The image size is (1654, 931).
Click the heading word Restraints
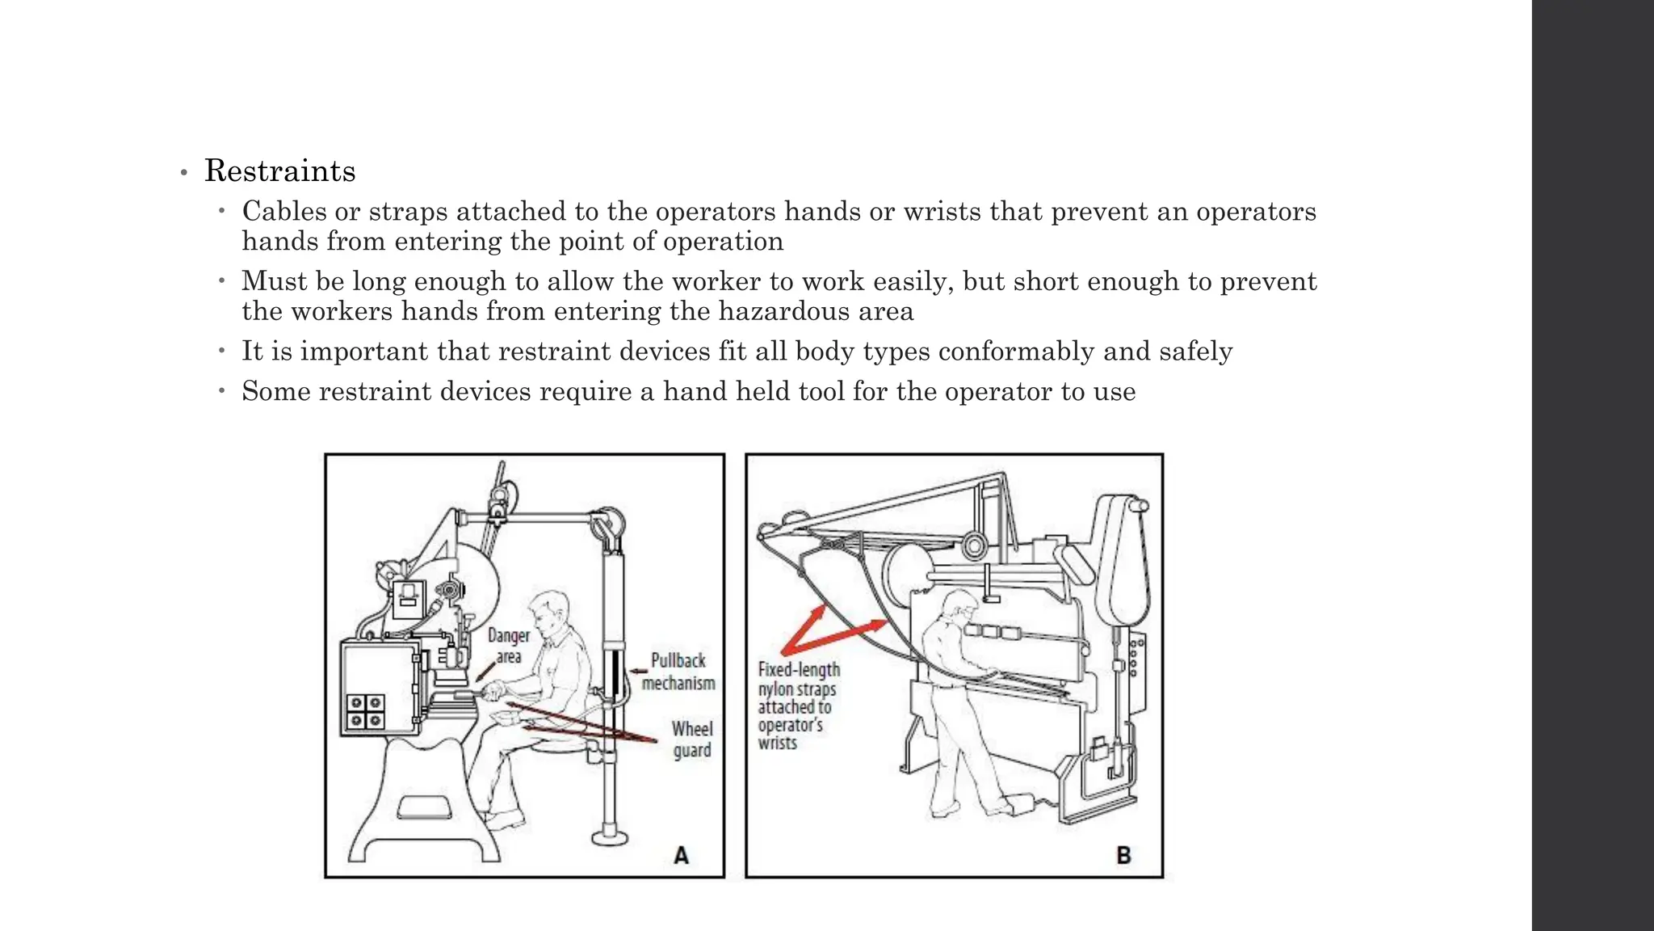[x=279, y=171]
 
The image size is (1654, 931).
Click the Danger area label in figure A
[x=509, y=647]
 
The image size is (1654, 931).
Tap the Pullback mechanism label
[x=678, y=672]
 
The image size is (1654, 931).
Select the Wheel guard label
[x=692, y=739]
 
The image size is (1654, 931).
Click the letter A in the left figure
[x=681, y=855]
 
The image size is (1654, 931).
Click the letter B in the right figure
[x=1123, y=855]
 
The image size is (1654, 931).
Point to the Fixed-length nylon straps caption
[x=798, y=706]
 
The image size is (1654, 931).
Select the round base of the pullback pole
[x=609, y=836]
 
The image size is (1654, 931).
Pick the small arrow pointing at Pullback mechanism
[x=639, y=670]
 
